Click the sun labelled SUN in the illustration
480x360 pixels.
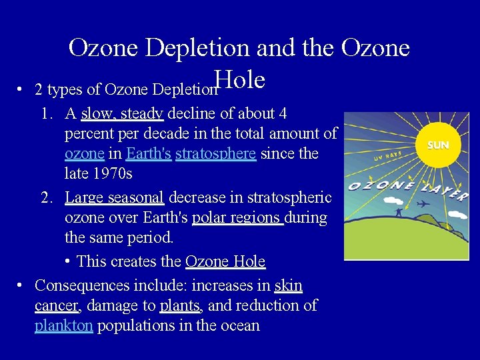(438, 145)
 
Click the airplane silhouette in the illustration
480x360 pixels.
(423, 203)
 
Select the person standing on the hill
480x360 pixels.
(398, 211)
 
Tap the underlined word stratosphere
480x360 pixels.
(215, 153)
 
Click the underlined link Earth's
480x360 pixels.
(148, 153)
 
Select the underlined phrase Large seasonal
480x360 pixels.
(114, 197)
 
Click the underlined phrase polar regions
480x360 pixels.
(237, 218)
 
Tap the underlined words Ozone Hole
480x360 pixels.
(225, 261)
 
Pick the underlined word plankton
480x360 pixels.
(63, 325)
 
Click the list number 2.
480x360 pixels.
(46, 197)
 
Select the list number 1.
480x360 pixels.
(46, 113)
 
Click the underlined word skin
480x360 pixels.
(288, 285)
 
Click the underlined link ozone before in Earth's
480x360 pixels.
(84, 153)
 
